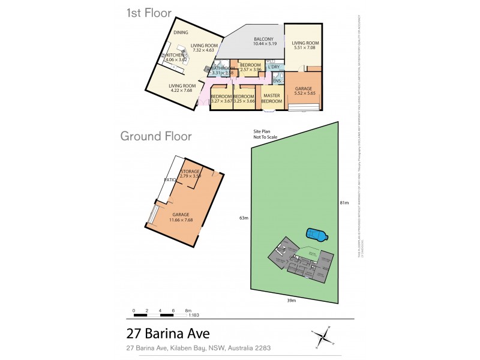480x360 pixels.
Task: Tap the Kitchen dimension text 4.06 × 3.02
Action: [176, 60]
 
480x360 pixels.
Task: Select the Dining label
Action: [181, 32]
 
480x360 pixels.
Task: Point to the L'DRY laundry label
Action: [274, 67]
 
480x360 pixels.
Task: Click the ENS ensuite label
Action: [277, 80]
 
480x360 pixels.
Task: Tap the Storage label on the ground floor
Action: [190, 172]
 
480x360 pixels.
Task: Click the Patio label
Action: [169, 179]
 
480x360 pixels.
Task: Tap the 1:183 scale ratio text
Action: [194, 316]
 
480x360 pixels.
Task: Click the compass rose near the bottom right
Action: [323, 335]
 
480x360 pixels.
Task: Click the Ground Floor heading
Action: [156, 136]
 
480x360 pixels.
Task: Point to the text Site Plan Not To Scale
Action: [265, 134]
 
